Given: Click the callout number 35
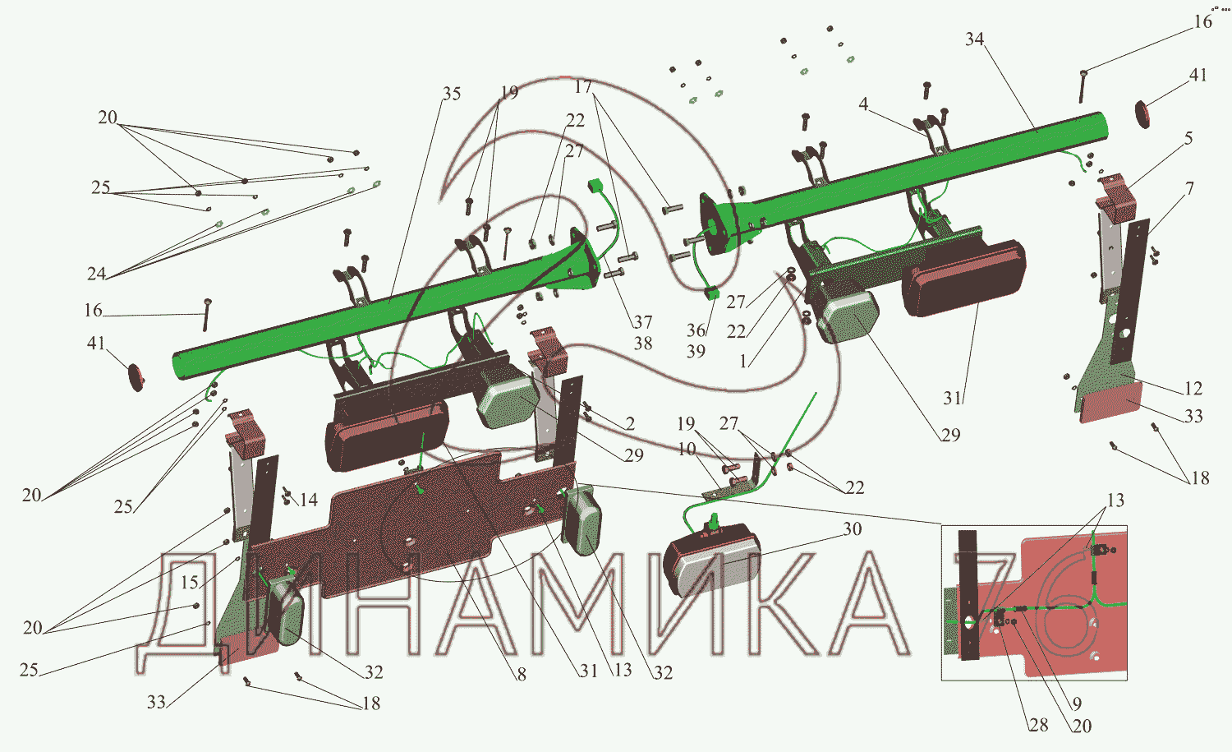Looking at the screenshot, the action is coord(451,95).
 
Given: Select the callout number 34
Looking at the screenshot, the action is coord(975,39).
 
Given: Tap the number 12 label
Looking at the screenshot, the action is coord(1193,389).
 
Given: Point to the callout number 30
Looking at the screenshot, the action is coord(852,529).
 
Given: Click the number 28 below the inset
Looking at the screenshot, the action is coord(1038,725).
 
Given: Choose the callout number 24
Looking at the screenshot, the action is coord(96,274).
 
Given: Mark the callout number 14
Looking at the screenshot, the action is coord(309,500).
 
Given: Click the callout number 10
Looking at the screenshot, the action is coord(687,450).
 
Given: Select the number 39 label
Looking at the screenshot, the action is coord(696,351).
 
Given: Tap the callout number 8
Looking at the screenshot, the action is coord(521,674).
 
